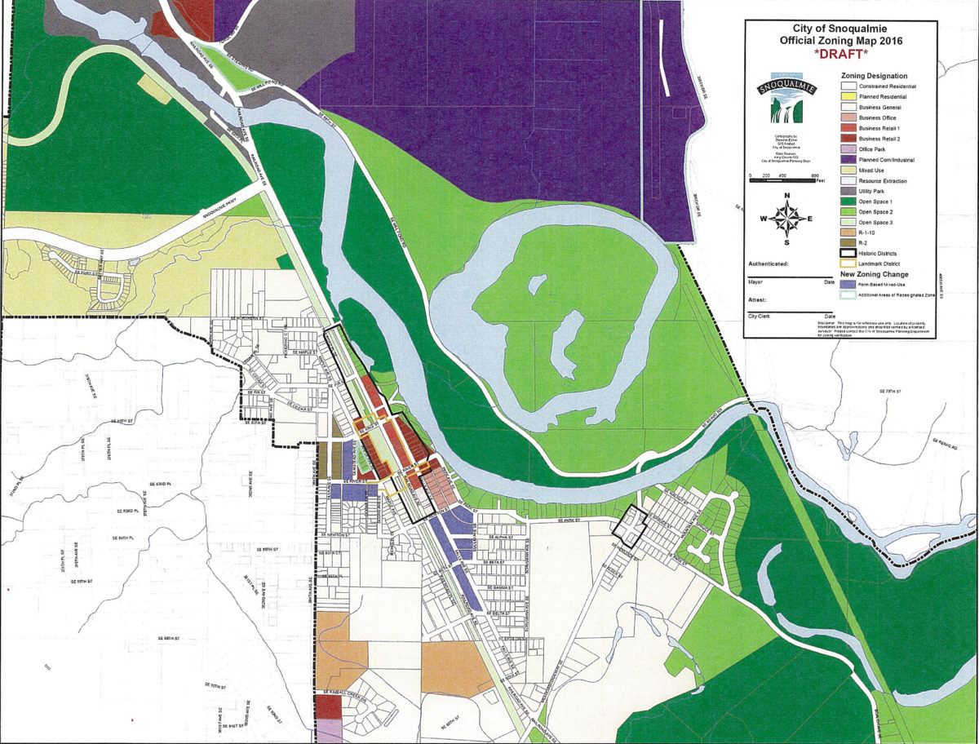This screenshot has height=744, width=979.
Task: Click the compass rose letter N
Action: tap(786, 196)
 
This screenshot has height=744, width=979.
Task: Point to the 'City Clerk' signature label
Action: tap(760, 315)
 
